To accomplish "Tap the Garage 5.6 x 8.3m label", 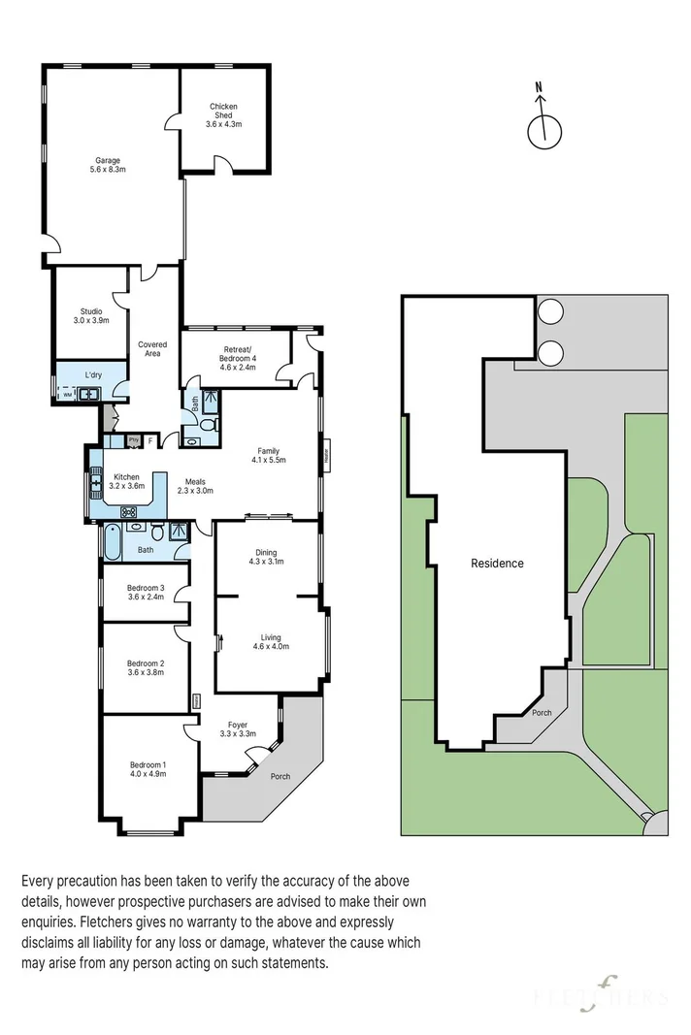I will tap(108, 165).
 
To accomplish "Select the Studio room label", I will tap(92, 315).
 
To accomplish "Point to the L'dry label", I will tap(93, 374).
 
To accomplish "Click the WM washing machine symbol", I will tap(67, 395).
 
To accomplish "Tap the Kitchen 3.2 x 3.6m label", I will tap(127, 481).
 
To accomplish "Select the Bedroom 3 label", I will tap(147, 592).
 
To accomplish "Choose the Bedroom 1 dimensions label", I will tap(148, 774).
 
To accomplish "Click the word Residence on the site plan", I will tap(497, 563).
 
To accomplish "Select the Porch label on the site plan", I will tap(542, 713).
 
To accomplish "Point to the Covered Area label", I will tap(151, 349).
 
